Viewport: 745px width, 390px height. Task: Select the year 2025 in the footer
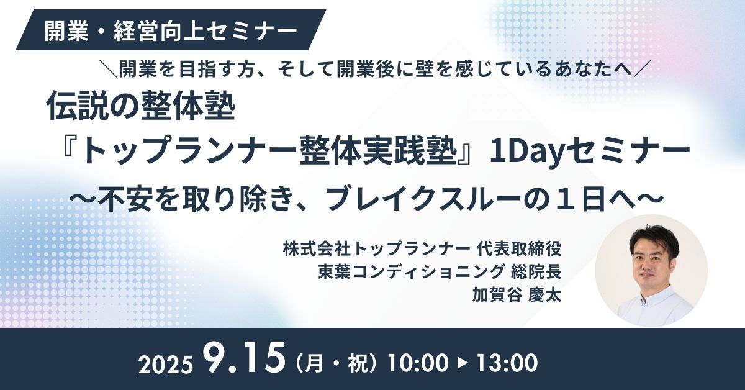click(166, 365)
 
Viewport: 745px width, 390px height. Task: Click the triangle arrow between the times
click(463, 363)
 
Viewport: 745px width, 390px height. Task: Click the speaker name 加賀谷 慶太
click(517, 295)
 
